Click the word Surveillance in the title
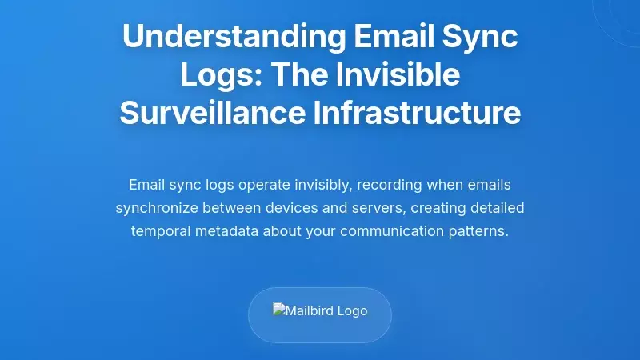pyautogui.click(x=209, y=113)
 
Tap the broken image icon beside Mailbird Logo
pyautogui.click(x=279, y=310)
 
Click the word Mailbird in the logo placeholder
pyautogui.click(x=313, y=310)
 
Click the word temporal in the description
pyautogui.click(x=158, y=232)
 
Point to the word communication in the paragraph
pyautogui.click(x=390, y=232)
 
